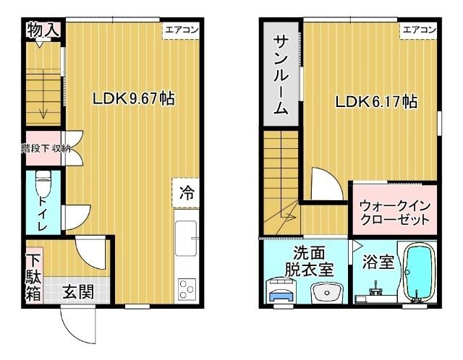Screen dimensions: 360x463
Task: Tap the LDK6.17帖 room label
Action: (x=375, y=102)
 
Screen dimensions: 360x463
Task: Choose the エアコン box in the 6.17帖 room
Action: (x=419, y=30)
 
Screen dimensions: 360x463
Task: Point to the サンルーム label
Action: (x=281, y=75)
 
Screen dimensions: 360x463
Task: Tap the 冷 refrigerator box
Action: (x=187, y=193)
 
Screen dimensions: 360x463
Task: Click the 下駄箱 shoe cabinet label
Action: (x=33, y=276)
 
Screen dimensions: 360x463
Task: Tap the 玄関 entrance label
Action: (x=77, y=292)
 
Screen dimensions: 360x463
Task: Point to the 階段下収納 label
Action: (x=46, y=149)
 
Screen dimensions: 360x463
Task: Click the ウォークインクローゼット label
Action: (x=394, y=212)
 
